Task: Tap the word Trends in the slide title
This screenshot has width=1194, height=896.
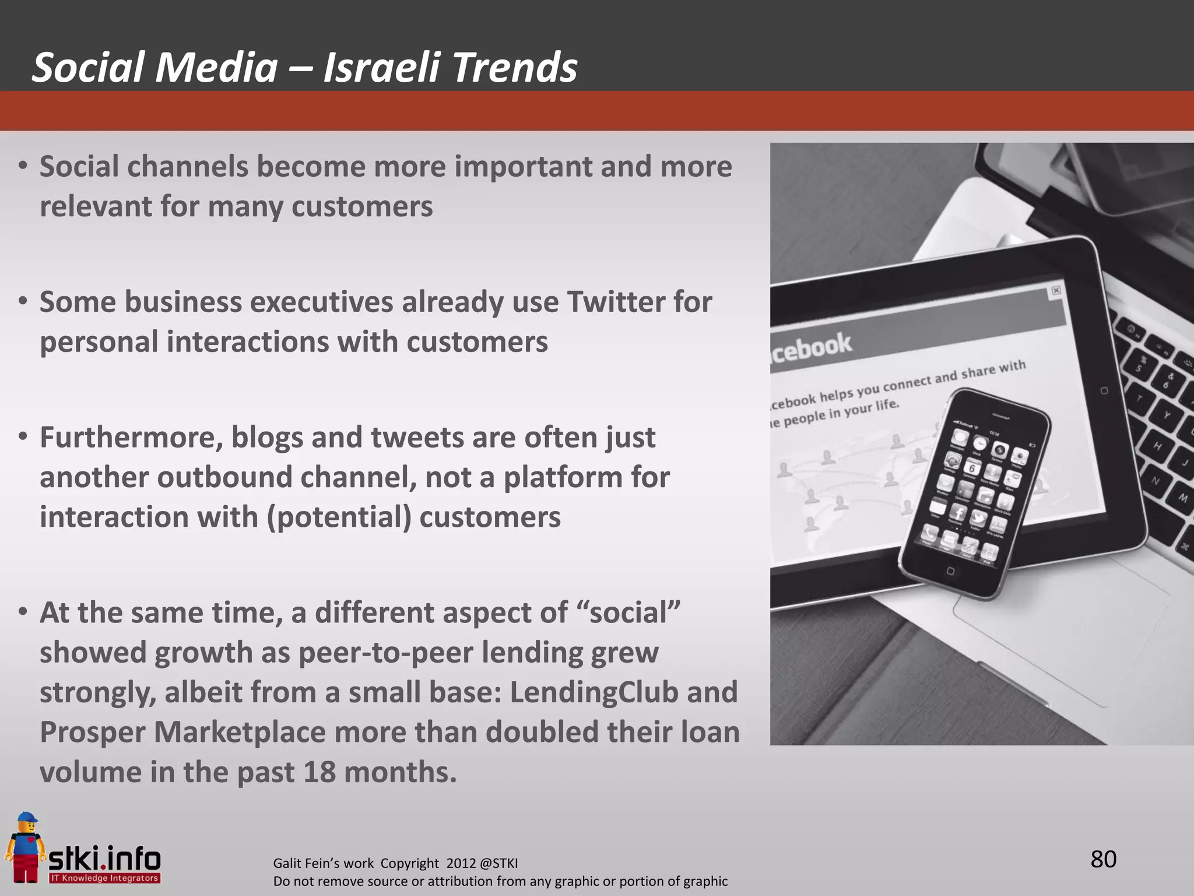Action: pyautogui.click(x=514, y=68)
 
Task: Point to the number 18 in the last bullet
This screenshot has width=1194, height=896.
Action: pyautogui.click(x=319, y=772)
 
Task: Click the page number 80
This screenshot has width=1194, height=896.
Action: pyautogui.click(x=1103, y=859)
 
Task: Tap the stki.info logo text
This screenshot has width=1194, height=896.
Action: pyautogui.click(x=104, y=859)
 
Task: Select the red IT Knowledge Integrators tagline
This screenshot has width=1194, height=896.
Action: pyautogui.click(x=104, y=878)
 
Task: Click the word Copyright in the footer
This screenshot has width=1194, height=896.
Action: pyautogui.click(x=409, y=863)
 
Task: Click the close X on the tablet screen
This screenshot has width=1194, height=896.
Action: pyautogui.click(x=1056, y=290)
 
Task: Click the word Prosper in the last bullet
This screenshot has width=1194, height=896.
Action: pyautogui.click(x=92, y=733)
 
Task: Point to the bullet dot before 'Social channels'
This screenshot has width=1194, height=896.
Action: pyautogui.click(x=23, y=166)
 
